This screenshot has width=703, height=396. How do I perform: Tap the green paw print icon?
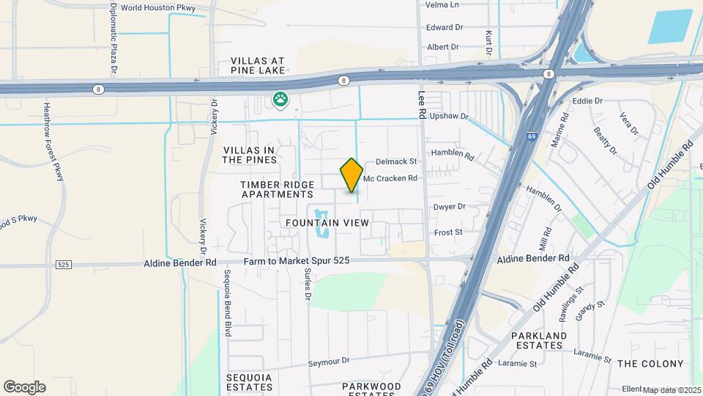click(x=280, y=98)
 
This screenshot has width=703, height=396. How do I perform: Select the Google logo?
click(x=24, y=387)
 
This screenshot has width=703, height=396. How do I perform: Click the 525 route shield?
click(x=63, y=264)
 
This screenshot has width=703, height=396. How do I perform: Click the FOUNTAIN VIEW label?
click(x=327, y=222)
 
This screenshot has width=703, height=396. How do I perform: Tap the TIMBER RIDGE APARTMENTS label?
click(x=278, y=189)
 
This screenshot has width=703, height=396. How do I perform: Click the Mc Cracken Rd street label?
click(x=390, y=178)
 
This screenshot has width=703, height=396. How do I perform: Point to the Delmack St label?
click(x=395, y=161)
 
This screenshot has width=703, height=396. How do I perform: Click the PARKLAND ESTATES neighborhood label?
click(x=539, y=340)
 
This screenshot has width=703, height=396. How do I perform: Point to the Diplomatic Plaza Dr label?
click(x=114, y=38)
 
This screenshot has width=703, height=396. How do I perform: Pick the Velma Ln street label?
click(x=442, y=4)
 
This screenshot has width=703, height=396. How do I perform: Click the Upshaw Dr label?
click(x=449, y=116)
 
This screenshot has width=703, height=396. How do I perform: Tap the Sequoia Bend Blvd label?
click(x=228, y=302)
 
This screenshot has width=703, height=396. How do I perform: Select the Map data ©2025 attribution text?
click(x=671, y=390)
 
